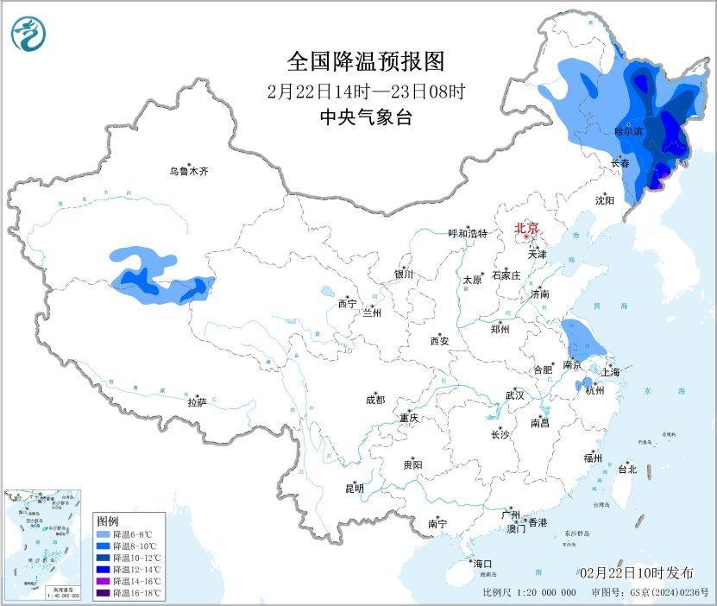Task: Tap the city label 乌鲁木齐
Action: point(188,172)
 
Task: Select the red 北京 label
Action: point(526,229)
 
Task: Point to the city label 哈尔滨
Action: point(628,131)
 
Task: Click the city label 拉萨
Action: point(197,402)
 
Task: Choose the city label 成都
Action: point(375,400)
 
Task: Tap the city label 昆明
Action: point(355,489)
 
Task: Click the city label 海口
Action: point(483,564)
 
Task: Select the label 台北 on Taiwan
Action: point(626,470)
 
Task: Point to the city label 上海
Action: point(612,372)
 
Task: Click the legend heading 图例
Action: point(107,521)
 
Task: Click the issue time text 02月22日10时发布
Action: point(636,573)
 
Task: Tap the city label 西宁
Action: point(347,304)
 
